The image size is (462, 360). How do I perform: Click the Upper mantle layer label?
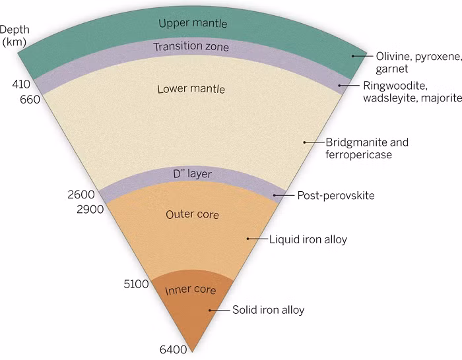click(x=193, y=23)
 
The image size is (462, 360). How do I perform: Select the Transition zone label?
click(x=191, y=47)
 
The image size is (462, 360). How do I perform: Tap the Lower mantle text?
click(x=191, y=89)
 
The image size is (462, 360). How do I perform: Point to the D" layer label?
click(x=192, y=173)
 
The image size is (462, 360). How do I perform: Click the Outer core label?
click(x=192, y=214)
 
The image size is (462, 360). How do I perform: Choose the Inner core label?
click(x=190, y=290)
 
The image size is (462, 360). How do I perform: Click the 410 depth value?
click(x=21, y=84)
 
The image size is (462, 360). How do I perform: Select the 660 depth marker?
click(x=30, y=100)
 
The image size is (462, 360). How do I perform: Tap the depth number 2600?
click(x=81, y=195)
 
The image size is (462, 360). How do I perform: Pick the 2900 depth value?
click(x=90, y=209)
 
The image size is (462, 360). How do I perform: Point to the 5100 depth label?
click(x=136, y=284)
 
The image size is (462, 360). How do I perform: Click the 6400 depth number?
click(x=173, y=349)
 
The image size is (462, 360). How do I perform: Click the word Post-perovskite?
click(x=336, y=195)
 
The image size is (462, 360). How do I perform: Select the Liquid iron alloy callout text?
click(x=308, y=239)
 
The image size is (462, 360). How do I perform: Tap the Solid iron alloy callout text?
click(x=269, y=310)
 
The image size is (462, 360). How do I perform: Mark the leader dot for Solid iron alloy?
click(x=210, y=311)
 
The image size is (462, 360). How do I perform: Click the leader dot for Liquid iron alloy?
click(x=248, y=239)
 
